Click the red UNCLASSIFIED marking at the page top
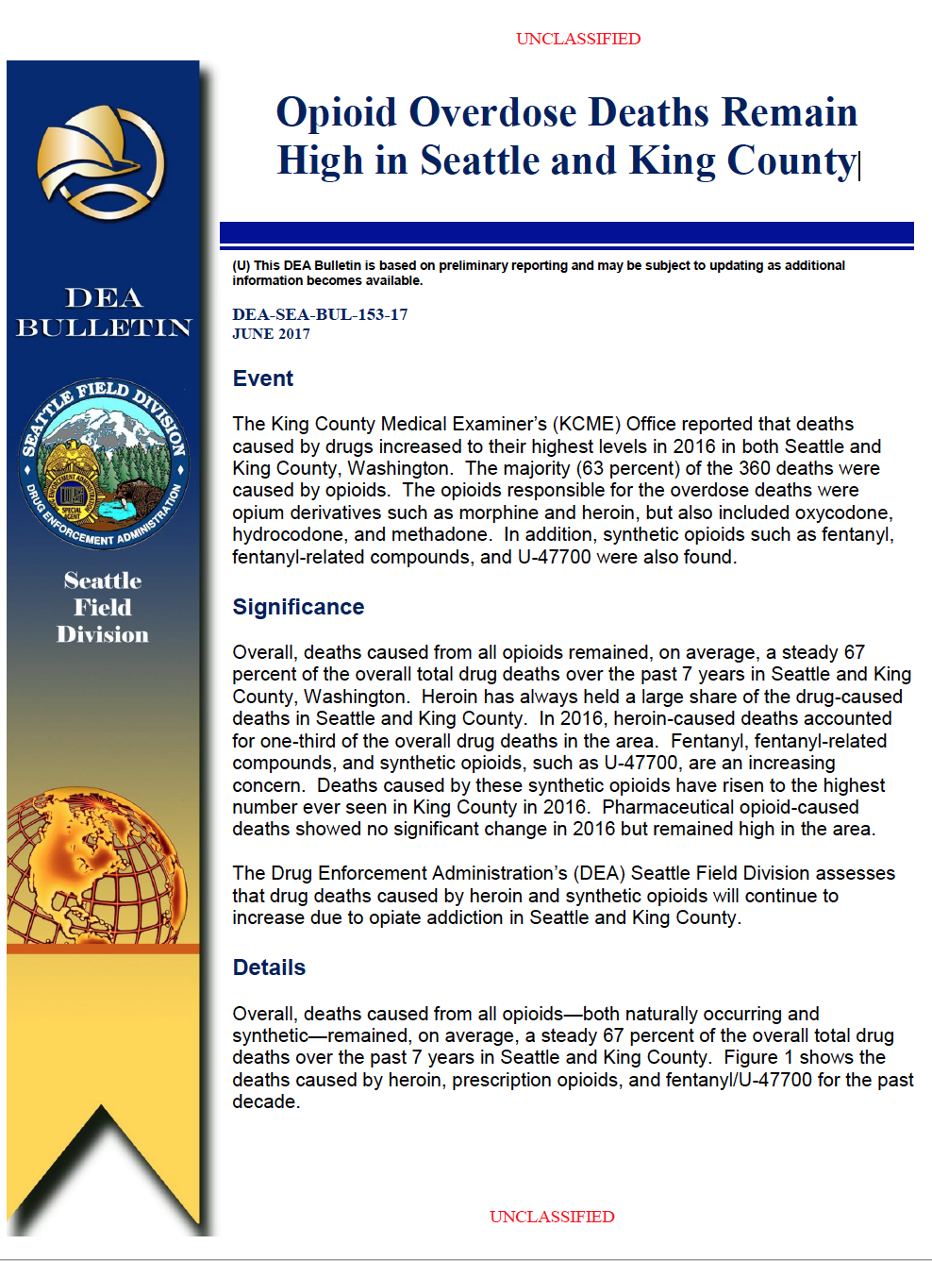[578, 39]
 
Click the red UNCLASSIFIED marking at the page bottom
[552, 1217]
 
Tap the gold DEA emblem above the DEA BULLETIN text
[101, 161]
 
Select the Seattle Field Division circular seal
[104, 463]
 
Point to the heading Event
[263, 378]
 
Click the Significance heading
[298, 607]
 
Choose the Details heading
[269, 967]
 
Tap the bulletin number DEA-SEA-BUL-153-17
[320, 314]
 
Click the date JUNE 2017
[271, 333]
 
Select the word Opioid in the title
[337, 112]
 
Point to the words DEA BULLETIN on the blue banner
[104, 312]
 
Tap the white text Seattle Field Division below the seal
[103, 607]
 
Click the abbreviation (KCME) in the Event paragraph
[587, 424]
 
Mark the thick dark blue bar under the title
[566, 232]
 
